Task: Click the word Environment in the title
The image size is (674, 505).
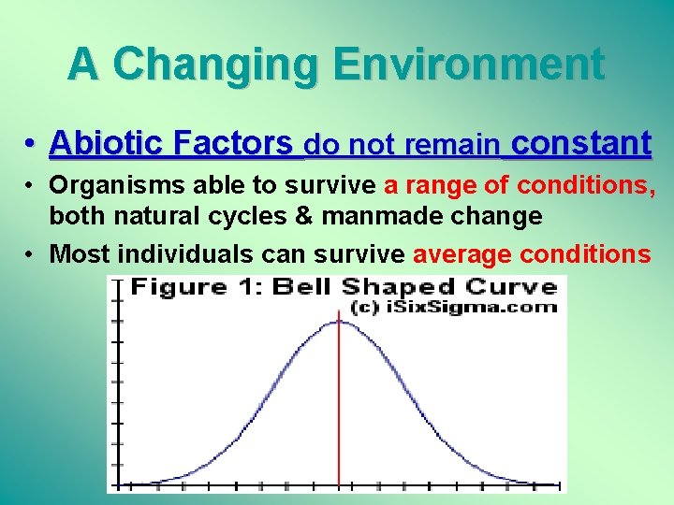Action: click(x=469, y=65)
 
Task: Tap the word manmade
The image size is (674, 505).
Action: click(x=381, y=217)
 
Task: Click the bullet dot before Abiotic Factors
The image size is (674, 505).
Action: click(x=32, y=145)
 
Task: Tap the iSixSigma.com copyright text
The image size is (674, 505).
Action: click(x=453, y=307)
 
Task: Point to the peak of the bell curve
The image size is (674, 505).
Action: click(x=339, y=322)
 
